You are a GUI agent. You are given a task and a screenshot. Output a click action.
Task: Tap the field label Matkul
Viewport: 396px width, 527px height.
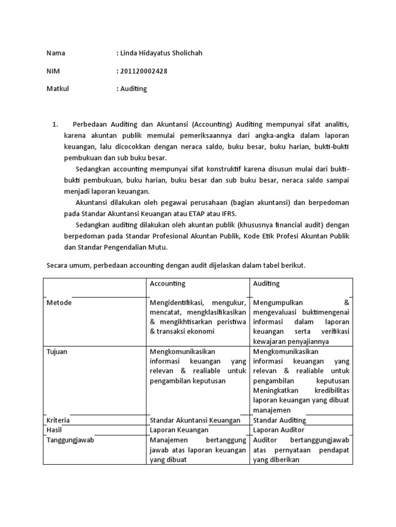click(x=57, y=89)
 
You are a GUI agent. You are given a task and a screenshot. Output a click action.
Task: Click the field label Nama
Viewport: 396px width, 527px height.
click(x=56, y=53)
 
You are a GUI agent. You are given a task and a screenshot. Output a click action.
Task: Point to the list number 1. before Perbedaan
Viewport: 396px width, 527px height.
click(x=56, y=124)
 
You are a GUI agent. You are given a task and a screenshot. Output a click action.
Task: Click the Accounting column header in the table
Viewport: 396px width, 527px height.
click(x=168, y=284)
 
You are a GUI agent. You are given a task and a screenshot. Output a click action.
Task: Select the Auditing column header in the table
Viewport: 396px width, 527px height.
click(x=267, y=284)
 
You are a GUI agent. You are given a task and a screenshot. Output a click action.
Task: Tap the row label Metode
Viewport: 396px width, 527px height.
click(x=59, y=303)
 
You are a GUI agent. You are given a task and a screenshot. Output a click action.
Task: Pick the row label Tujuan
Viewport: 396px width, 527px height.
click(x=57, y=352)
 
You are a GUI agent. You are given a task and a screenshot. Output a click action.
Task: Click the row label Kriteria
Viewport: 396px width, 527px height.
click(x=58, y=420)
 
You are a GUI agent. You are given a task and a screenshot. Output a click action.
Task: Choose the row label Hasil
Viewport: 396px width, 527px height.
click(x=54, y=430)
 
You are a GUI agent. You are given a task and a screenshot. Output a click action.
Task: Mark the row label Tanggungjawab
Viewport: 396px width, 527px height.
click(x=70, y=440)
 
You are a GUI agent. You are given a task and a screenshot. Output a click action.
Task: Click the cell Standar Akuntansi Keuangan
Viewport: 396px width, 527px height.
click(x=195, y=420)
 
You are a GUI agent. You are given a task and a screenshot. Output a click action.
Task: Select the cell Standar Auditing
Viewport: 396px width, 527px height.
click(x=279, y=420)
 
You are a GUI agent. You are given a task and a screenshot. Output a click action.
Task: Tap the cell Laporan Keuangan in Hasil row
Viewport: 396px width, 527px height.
click(x=179, y=430)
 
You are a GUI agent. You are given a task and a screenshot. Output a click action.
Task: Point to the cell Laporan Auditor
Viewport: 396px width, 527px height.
click(x=278, y=430)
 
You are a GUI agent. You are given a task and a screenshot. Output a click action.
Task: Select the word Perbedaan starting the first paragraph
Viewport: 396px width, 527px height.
click(x=91, y=124)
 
